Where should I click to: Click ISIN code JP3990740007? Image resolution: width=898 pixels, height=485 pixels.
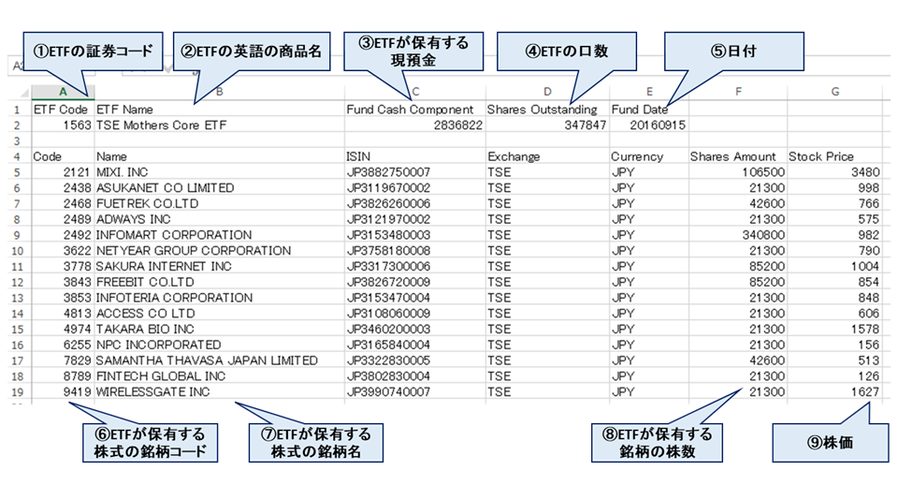click(x=387, y=392)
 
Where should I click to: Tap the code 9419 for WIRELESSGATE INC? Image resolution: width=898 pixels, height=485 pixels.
click(x=75, y=392)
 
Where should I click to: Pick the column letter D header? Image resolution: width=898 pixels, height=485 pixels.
click(x=547, y=91)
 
